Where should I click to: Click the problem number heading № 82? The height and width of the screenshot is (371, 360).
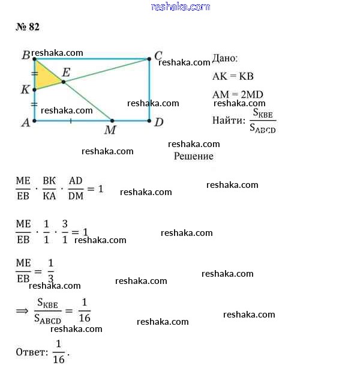click(x=28, y=27)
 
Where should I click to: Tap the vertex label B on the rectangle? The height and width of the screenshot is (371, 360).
click(x=26, y=55)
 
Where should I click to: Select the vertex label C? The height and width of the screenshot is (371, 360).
click(x=158, y=56)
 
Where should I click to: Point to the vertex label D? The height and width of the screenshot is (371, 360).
click(x=159, y=122)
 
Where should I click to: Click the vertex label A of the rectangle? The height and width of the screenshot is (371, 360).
click(x=26, y=122)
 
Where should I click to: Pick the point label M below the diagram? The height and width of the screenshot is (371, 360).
click(x=110, y=130)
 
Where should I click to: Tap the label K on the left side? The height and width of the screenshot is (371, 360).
click(x=25, y=89)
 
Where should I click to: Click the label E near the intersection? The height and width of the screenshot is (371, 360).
click(x=66, y=72)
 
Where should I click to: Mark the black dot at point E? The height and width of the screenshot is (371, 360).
click(x=64, y=82)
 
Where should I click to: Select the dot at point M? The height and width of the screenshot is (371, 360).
click(x=112, y=121)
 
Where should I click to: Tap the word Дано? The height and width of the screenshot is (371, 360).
click(x=225, y=58)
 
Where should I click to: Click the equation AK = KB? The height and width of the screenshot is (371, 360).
click(x=233, y=76)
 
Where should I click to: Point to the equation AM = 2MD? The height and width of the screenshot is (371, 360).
click(x=238, y=94)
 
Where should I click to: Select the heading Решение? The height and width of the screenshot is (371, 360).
click(x=194, y=156)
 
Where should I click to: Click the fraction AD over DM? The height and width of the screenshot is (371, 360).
click(x=76, y=189)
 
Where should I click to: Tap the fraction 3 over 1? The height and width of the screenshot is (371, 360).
click(x=65, y=232)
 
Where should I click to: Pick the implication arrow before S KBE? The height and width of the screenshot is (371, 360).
click(x=22, y=310)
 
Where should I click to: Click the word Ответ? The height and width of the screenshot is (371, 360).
click(x=31, y=352)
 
